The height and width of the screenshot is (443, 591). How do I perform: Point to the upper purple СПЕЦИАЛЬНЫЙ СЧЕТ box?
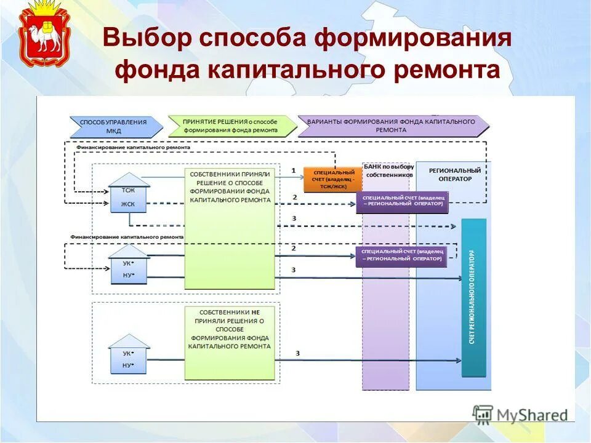401,201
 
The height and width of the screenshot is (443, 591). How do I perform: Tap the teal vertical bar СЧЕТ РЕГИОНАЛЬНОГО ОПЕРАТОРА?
473,297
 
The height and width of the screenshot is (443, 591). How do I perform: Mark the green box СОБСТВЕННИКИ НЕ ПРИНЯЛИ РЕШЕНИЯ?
230,343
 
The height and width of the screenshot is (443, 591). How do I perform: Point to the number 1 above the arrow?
294,170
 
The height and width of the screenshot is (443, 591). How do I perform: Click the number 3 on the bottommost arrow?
297,353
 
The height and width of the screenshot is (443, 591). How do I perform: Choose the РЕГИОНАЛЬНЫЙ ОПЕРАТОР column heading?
454,174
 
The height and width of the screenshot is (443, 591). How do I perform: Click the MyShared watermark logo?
521,415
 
